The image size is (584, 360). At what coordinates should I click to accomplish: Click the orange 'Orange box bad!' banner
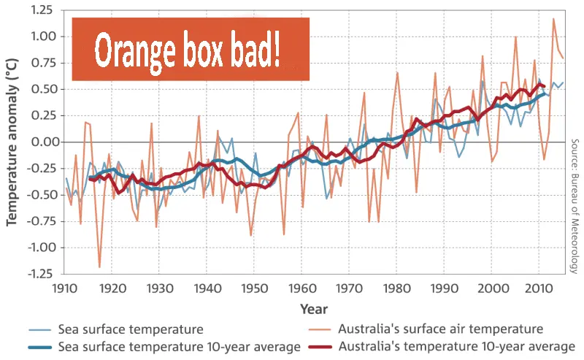[x=191, y=49]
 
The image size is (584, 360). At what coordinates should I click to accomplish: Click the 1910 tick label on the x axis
[x=66, y=287]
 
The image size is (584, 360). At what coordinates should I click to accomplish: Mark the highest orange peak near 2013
[x=553, y=19]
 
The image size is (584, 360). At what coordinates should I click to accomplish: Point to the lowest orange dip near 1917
[x=100, y=267]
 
